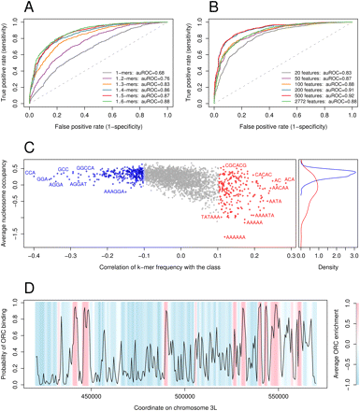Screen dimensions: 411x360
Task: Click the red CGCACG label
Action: click(x=235, y=164)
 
